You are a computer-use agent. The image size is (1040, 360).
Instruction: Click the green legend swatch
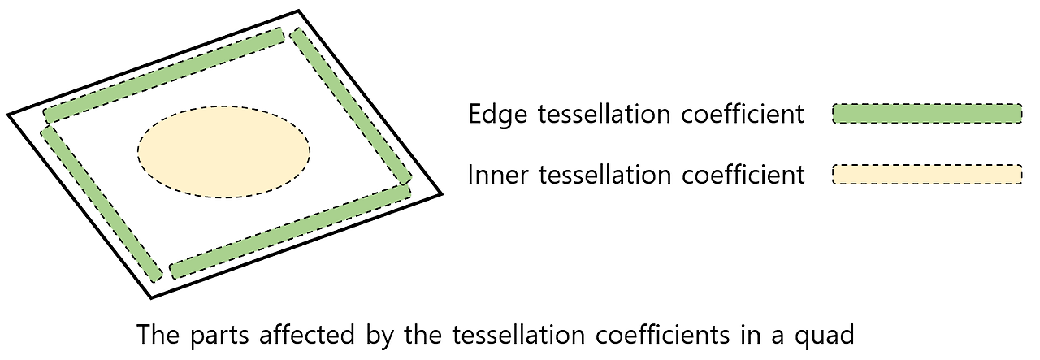tap(927, 114)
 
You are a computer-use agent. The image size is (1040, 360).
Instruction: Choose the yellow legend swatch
tap(927, 174)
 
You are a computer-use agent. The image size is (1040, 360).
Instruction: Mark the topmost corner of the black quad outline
tap(299, 11)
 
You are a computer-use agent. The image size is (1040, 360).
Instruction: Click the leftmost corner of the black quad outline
tap(9, 115)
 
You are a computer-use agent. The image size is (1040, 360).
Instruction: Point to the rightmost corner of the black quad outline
tap(441, 194)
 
